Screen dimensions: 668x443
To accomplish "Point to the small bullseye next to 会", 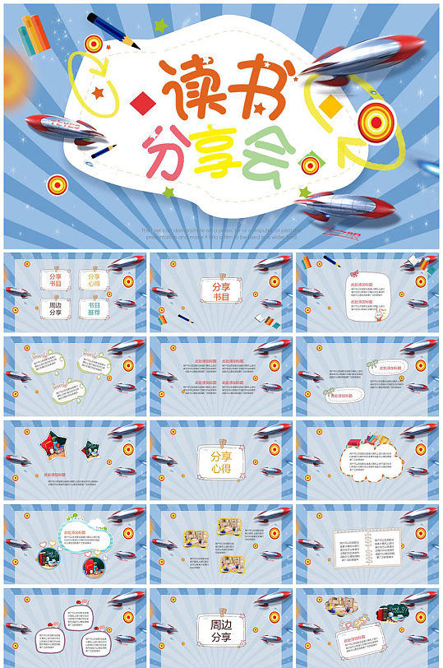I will pyautogui.click(x=310, y=165).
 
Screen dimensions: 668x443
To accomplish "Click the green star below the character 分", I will pyautogui.click(x=168, y=193).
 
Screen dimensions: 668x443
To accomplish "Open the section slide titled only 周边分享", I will pyautogui.click(x=221, y=626).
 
